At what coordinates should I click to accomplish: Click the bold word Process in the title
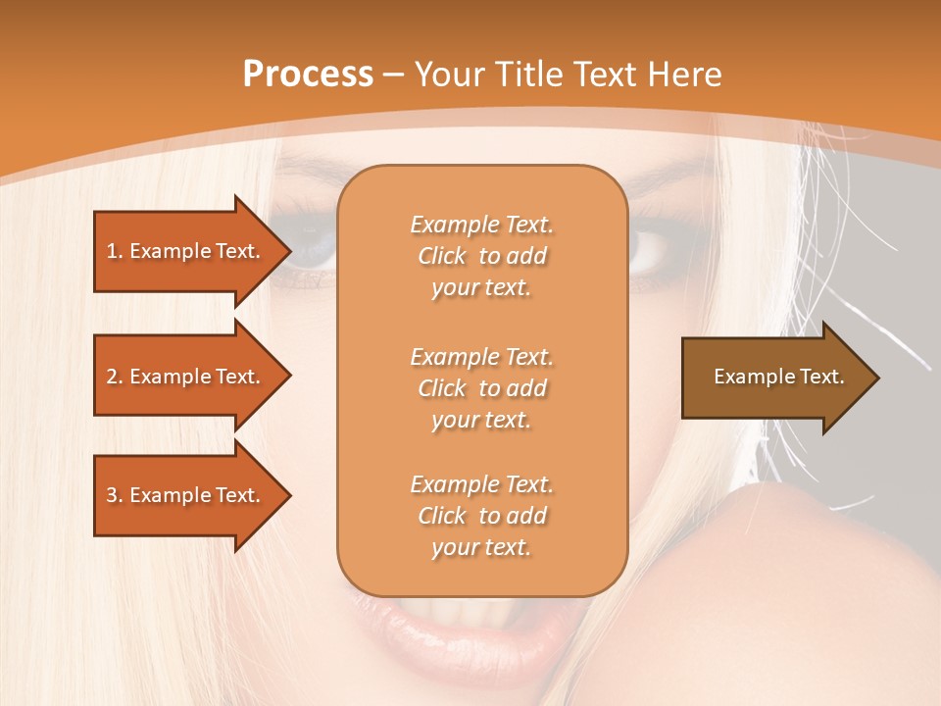308,75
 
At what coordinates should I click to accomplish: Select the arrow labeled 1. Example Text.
186,251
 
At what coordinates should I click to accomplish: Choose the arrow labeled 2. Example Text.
186,377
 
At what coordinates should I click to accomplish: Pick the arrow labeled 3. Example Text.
186,495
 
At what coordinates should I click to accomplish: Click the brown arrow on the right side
774,377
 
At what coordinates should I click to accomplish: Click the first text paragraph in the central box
481,256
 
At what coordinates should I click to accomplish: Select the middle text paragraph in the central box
481,388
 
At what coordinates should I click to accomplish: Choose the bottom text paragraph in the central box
481,516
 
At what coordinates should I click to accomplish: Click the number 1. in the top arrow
115,251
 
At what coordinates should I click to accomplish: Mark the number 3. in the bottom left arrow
115,495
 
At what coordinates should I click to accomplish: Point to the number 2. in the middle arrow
115,377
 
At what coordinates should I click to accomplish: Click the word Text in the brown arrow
821,377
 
